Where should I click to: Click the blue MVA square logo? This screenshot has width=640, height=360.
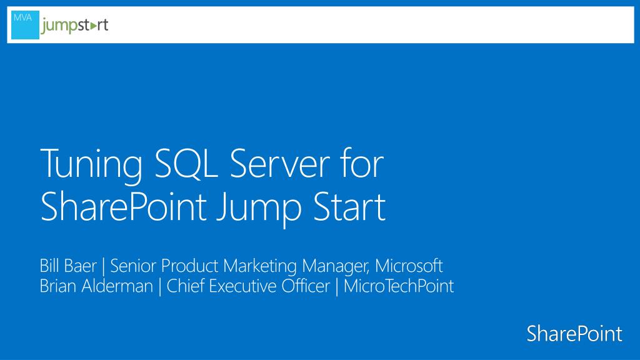click(x=25, y=25)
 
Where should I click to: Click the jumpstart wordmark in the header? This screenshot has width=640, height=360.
click(x=74, y=26)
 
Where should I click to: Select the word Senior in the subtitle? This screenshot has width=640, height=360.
click(x=133, y=266)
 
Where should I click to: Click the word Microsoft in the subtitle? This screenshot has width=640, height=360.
click(x=409, y=266)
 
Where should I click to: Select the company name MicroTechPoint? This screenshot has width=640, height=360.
click(x=398, y=286)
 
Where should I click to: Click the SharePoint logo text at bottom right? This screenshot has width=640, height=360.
click(x=574, y=334)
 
